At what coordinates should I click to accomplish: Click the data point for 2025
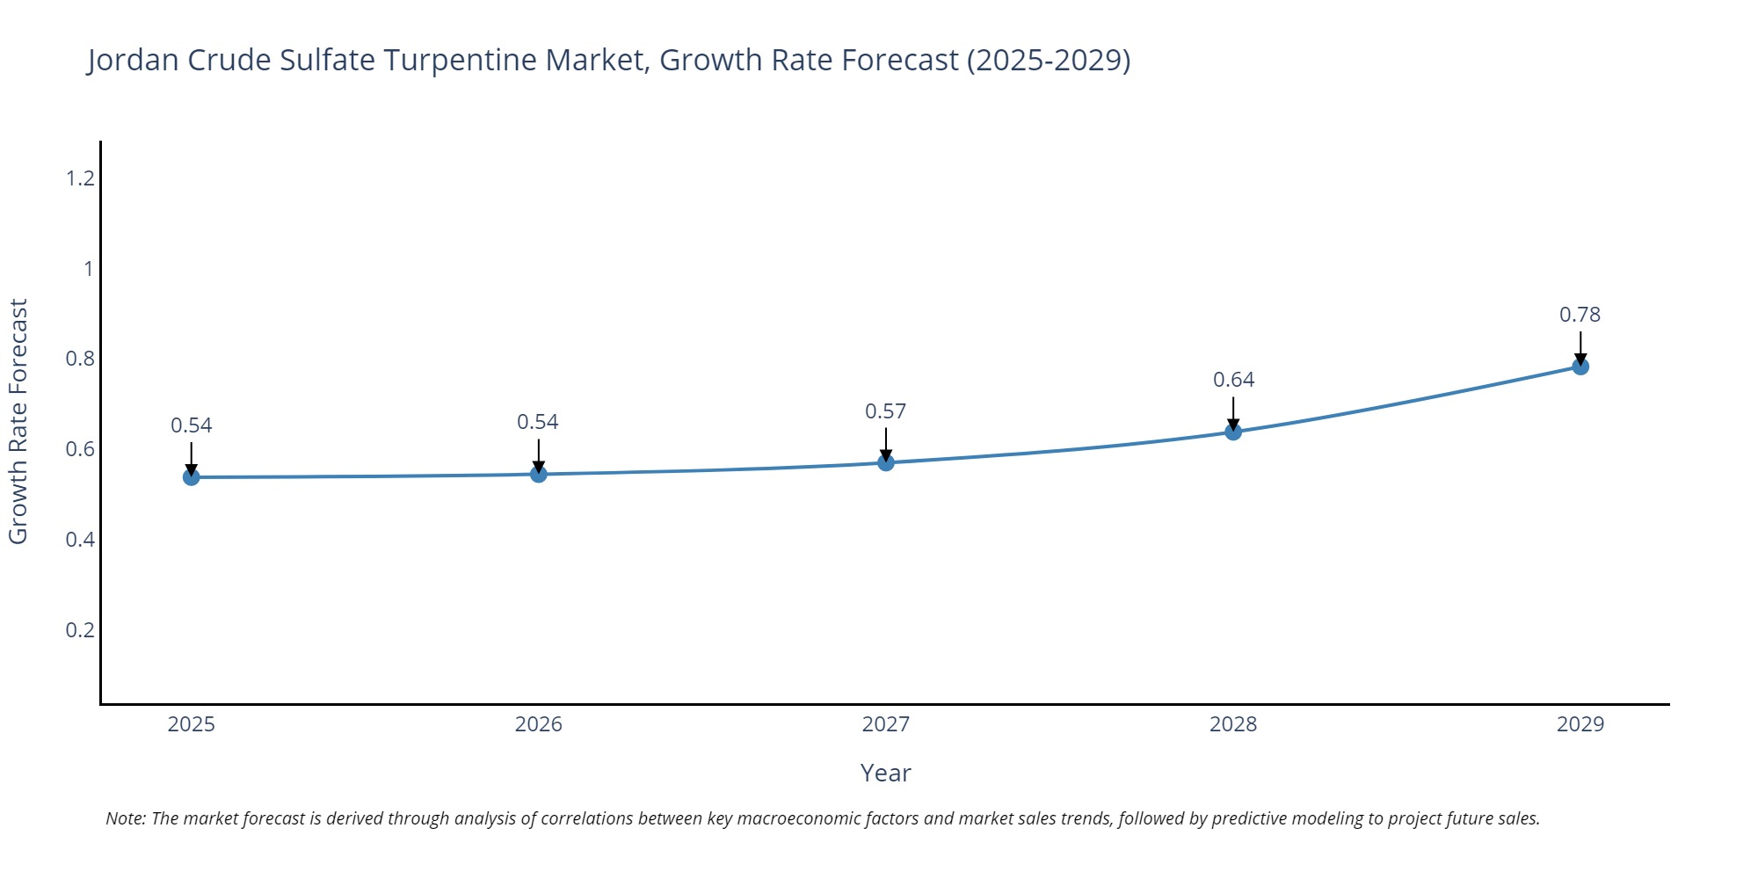pos(191,476)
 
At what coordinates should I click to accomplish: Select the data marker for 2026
pos(539,474)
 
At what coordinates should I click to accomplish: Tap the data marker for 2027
pos(886,462)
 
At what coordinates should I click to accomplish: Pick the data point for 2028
pos(1233,432)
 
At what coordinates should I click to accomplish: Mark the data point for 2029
pos(1580,367)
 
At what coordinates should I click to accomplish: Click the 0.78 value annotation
pos(1580,315)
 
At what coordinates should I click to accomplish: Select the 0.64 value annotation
pos(1233,380)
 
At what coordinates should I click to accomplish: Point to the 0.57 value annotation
pos(885,411)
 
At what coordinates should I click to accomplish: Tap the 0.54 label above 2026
pos(537,422)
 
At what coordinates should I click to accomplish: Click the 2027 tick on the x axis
pos(885,724)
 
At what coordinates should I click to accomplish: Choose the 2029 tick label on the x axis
pos(1580,724)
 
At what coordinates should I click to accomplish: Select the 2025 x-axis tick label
pos(191,724)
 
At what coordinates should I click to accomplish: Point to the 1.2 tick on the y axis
pos(80,178)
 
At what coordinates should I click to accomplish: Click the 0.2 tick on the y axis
pos(80,629)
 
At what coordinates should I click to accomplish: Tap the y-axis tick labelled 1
pos(88,269)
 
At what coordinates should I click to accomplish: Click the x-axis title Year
pos(885,773)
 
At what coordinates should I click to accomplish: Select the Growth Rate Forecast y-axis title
pos(18,422)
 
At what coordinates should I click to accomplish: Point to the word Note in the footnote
pos(125,818)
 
